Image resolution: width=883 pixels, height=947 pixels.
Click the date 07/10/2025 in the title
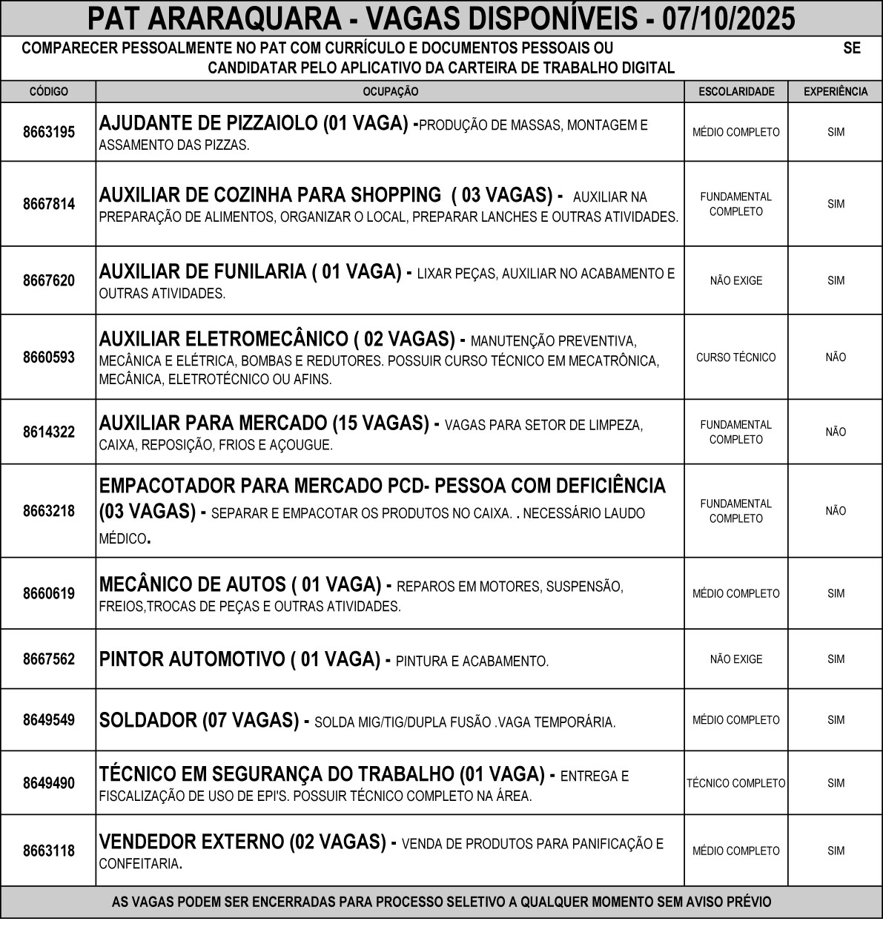[x=729, y=19]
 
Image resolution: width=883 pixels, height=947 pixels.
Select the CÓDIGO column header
[x=48, y=92]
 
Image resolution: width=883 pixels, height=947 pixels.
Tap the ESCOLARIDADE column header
[x=735, y=92]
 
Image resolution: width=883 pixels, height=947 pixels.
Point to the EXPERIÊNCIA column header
[x=836, y=92]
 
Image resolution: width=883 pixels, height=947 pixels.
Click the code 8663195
[x=48, y=133]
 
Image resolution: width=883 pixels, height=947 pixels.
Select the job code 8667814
[x=48, y=204]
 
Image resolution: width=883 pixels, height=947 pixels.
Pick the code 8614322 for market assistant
[x=48, y=432]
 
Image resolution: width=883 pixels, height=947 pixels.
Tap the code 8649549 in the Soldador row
[x=48, y=720]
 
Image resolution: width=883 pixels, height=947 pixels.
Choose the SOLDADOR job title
[x=147, y=720]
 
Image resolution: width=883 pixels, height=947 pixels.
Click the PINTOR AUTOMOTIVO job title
[x=191, y=659]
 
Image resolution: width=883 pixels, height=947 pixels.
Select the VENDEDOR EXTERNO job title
[x=191, y=842]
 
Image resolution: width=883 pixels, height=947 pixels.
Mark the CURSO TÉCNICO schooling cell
[x=735, y=357]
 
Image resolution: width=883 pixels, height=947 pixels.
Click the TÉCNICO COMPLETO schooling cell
[x=735, y=783]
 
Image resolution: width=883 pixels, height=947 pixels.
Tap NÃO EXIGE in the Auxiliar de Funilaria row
[x=735, y=281]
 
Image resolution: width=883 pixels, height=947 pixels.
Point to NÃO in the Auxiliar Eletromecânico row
[x=836, y=357]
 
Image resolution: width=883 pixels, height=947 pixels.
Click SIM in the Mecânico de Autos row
[x=836, y=593]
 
